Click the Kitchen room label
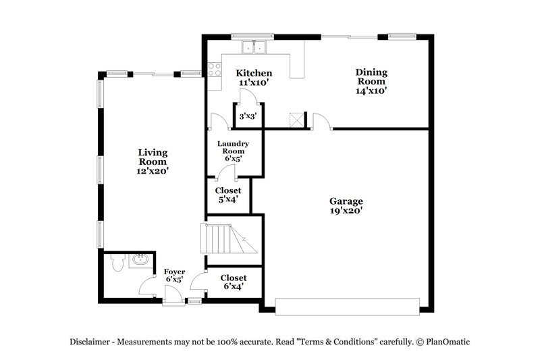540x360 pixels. pos(253,73)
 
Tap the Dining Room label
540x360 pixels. pos(372,75)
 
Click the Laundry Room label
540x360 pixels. pos(234,148)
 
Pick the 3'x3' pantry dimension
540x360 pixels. pos(247,117)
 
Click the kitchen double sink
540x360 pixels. pos(256,47)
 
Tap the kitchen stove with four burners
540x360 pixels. pos(216,68)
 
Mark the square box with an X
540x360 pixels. pos(296,119)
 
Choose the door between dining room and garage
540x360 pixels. pos(321,122)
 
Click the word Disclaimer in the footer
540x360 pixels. pos(92,342)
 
